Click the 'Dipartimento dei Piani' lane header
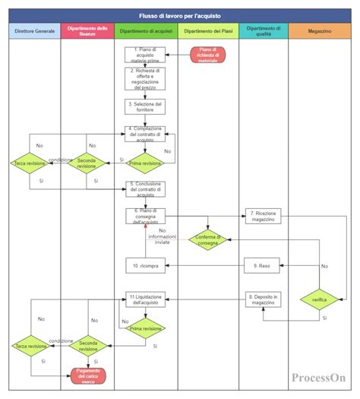208,31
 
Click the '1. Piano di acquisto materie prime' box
144,54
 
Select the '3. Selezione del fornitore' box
144,106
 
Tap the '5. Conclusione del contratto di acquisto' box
144,188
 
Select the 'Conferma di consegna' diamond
208,239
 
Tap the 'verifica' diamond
319,299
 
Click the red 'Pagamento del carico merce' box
89,374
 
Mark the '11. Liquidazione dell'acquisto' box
144,299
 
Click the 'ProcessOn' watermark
317,377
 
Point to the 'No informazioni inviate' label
163,237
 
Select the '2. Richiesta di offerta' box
144,79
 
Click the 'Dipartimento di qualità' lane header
264,31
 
